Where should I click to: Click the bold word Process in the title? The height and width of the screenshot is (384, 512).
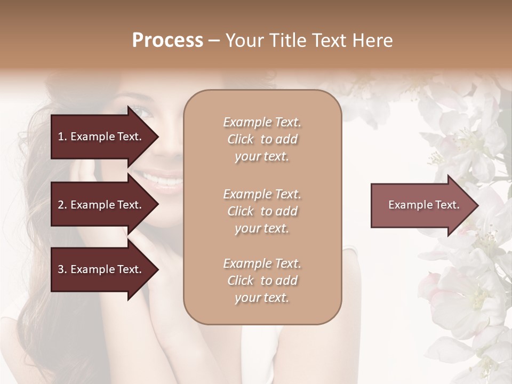click(167, 41)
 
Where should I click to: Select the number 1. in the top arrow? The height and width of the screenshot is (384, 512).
click(62, 137)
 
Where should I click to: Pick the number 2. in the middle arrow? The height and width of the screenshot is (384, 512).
click(62, 205)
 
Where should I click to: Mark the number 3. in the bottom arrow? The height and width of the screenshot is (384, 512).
click(62, 269)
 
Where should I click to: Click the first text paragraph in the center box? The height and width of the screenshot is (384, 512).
click(262, 139)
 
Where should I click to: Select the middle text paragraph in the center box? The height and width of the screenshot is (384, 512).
click(262, 211)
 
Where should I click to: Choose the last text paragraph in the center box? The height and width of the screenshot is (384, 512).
click(262, 281)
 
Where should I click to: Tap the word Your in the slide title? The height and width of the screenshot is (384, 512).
click(243, 41)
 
